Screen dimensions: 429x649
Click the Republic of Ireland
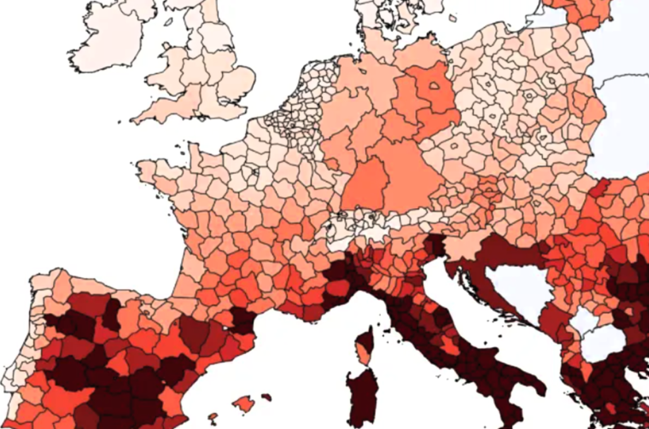[102, 43]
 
